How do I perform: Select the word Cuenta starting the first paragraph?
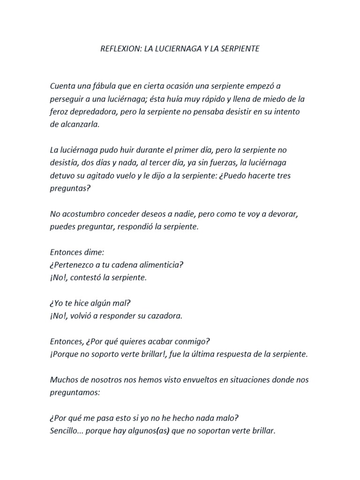63,86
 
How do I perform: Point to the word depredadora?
91,112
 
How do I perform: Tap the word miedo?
266,99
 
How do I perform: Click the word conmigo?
196,341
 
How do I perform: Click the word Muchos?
63,379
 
